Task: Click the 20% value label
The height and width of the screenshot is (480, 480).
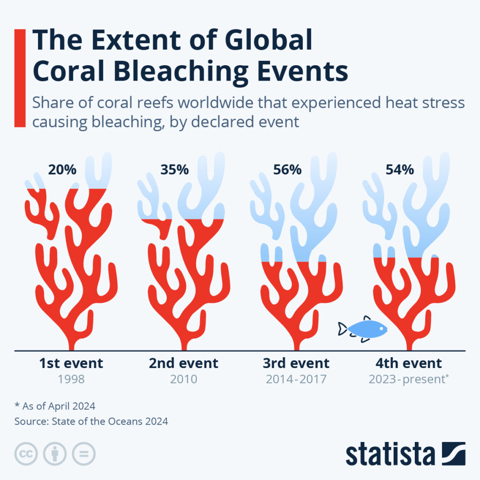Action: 62,170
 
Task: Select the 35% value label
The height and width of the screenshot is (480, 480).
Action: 174,170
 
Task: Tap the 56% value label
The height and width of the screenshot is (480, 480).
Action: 287,170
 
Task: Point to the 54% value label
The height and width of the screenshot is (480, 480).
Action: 399,170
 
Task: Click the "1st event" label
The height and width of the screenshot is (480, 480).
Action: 70,363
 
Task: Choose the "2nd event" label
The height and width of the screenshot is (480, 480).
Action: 183,363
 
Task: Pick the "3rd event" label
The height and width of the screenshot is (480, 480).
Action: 296,363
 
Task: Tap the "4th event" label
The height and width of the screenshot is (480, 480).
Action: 408,363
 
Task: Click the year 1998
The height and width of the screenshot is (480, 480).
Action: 70,379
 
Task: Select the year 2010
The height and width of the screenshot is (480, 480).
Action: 183,379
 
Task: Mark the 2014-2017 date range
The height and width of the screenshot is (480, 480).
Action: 296,379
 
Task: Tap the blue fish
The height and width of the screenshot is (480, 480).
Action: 366,329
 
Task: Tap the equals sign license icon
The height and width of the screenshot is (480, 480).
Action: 83,454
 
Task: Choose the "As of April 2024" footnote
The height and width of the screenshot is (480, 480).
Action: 58,406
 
